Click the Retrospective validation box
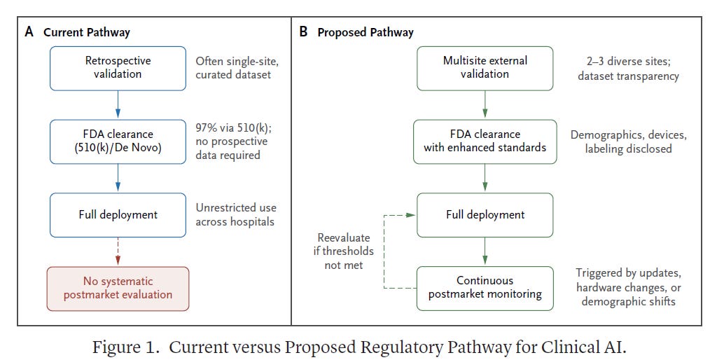pyautogui.click(x=118, y=69)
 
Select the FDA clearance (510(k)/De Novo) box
pyautogui.click(x=118, y=141)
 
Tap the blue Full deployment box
pyautogui.click(x=118, y=215)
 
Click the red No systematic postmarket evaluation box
pyautogui.click(x=118, y=289)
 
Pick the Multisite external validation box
pyautogui.click(x=485, y=69)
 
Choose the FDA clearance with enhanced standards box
pyautogui.click(x=485, y=141)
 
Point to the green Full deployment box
pyautogui.click(x=485, y=215)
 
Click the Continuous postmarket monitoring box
pyautogui.click(x=485, y=289)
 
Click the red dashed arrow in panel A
pyautogui.click(x=118, y=251)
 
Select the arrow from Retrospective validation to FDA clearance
pyautogui.click(x=118, y=104)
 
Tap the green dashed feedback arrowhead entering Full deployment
pyautogui.click(x=411, y=215)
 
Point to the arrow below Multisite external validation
pyautogui.click(x=485, y=104)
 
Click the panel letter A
pyautogui.click(x=29, y=32)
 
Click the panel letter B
pyautogui.click(x=303, y=32)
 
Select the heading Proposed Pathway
pyautogui.click(x=366, y=33)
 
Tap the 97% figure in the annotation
pyautogui.click(x=206, y=127)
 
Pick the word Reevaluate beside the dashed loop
pyautogui.click(x=344, y=237)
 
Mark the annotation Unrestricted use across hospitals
pyautogui.click(x=236, y=214)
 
